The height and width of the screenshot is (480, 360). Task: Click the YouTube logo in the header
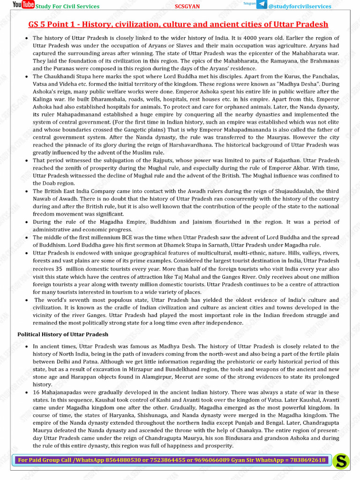[23, 5]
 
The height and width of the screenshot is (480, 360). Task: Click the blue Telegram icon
[261, 5]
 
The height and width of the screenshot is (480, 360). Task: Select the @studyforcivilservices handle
[300, 7]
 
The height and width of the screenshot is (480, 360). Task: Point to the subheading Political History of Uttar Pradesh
[63, 334]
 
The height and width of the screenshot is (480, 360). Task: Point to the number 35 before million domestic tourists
[59, 269]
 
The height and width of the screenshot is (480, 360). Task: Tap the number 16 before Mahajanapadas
[37, 392]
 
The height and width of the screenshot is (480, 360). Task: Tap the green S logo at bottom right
[342, 461]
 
